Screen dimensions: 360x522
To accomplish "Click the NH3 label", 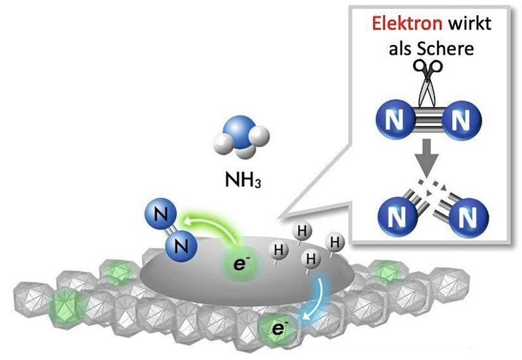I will (x=241, y=180).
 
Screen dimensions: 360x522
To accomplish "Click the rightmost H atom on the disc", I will (x=335, y=243).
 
